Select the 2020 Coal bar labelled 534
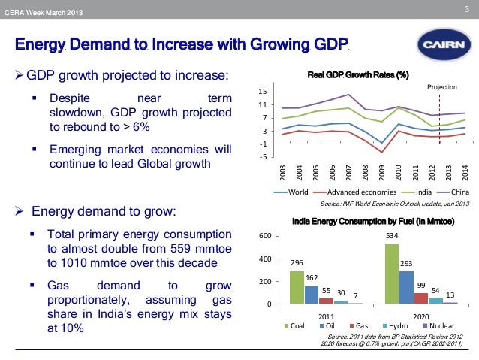tap(391, 274)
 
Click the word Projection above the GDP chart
tap(442, 88)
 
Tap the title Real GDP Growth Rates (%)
tap(358, 74)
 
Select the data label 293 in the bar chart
tap(406, 264)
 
